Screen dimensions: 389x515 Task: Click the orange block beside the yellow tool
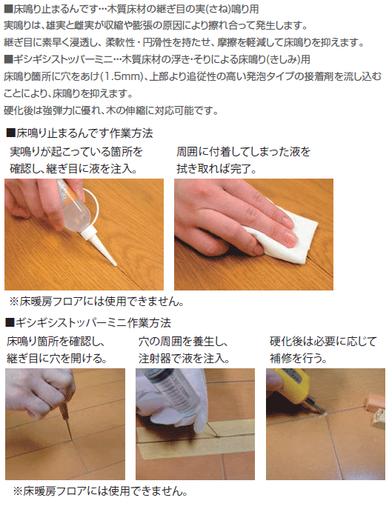376,402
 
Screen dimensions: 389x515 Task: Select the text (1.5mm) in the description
122,76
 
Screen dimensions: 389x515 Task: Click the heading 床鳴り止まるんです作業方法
79,133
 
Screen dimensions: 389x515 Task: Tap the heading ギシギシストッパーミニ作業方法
88,323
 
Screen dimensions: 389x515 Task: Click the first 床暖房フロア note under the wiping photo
97,302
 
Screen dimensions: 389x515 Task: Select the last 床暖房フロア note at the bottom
101,491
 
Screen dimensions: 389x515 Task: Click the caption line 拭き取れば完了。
217,169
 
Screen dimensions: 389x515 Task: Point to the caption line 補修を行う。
299,358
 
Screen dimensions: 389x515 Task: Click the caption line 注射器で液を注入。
184,358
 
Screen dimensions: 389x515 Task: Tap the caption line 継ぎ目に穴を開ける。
57,358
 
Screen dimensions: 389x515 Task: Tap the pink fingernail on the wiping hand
290,238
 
